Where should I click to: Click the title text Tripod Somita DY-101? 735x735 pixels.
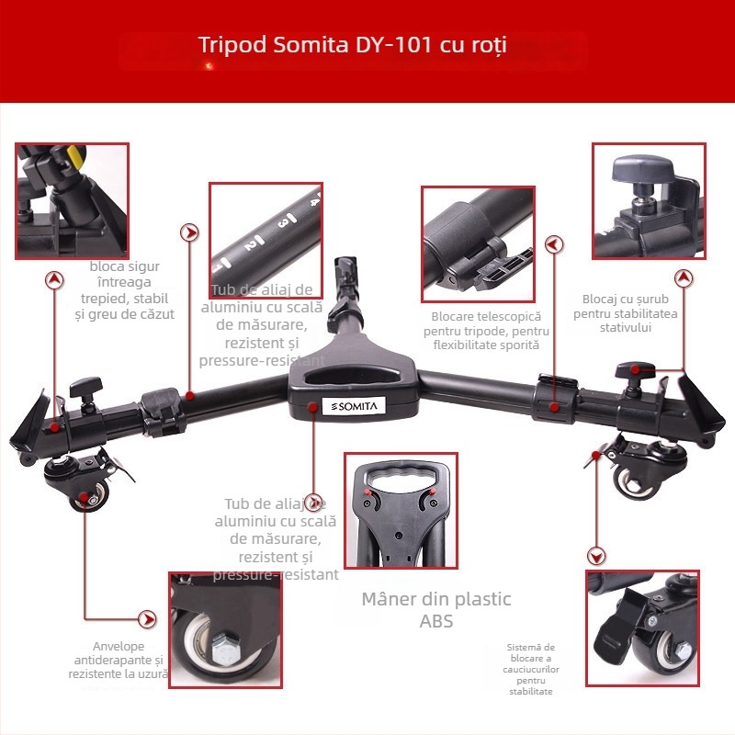tap(353, 45)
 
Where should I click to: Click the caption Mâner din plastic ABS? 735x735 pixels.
tap(435, 610)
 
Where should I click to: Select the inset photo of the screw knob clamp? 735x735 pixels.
tap(649, 200)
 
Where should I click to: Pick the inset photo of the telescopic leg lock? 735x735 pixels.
tap(478, 244)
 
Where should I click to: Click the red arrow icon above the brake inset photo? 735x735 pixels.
tap(597, 555)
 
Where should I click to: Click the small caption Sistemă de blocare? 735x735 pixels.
tap(531, 669)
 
